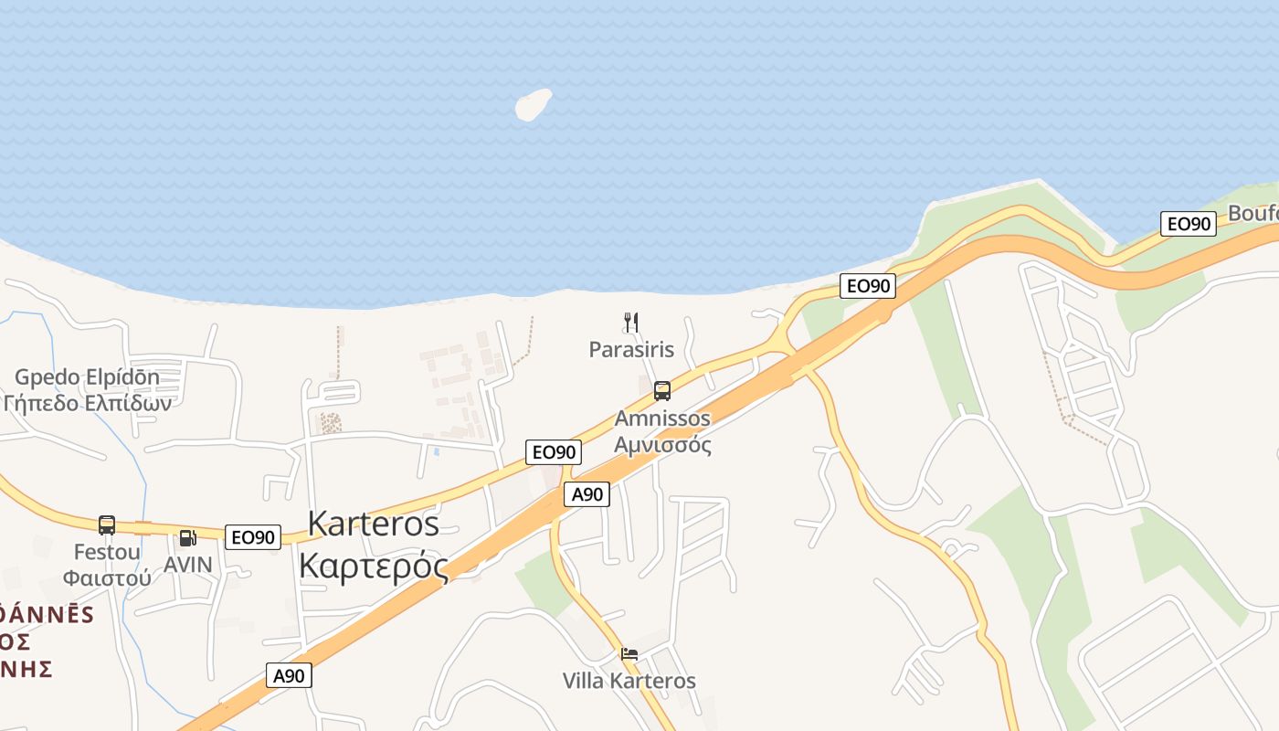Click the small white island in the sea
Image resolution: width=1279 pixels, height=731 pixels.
coord(534,104)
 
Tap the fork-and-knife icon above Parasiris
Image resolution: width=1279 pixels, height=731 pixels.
coord(630,322)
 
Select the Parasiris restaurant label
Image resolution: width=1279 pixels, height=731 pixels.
coord(631,349)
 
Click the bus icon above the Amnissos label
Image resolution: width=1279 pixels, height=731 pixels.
coord(662,391)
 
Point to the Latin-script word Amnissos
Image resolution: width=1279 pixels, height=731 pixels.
coord(662,418)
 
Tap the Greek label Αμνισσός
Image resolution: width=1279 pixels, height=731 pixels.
coord(662,445)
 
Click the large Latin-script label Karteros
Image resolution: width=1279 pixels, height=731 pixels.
coord(373,524)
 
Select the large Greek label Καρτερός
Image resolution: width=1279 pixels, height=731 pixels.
coord(374,566)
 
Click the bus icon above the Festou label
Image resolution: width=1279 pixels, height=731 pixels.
coord(107,525)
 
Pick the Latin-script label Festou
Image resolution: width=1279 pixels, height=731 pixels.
coord(107,552)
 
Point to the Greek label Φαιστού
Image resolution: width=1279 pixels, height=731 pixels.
coord(107,577)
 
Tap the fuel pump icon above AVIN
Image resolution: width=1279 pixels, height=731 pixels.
coord(187,538)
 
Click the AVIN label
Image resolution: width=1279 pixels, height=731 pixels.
coord(187,565)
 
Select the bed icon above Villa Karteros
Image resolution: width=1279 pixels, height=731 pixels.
coord(629,654)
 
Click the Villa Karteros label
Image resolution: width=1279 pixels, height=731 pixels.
coord(629,681)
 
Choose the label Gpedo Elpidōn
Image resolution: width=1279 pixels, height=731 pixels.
coord(87,377)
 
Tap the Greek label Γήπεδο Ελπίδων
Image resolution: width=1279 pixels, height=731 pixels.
coord(87,403)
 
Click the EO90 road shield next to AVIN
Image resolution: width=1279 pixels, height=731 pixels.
coord(253,537)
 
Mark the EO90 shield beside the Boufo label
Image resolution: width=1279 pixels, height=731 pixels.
coord(1188,224)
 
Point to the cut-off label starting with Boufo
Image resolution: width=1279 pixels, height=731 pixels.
coord(1253,214)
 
